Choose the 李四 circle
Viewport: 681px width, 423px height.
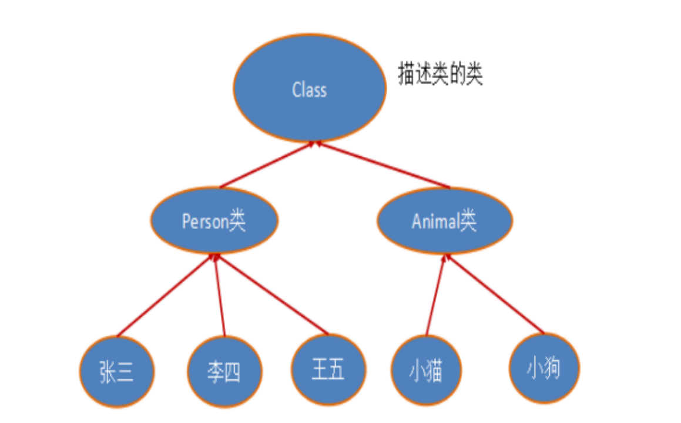coord(225,372)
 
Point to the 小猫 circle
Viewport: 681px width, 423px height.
coord(426,371)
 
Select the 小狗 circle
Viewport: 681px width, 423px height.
coord(544,369)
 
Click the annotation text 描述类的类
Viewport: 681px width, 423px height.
coord(440,76)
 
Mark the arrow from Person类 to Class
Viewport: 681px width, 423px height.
coord(267,165)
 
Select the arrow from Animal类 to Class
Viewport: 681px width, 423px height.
coord(382,165)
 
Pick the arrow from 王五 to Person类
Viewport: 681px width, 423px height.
coord(271,294)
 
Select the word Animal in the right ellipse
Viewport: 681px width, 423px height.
coord(435,222)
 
